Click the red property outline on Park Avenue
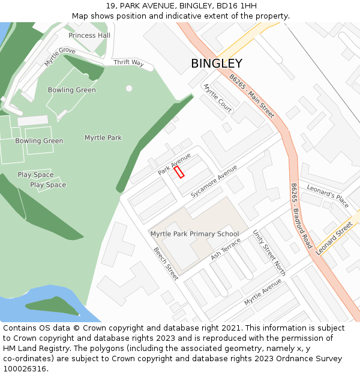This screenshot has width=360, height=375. tap(179, 172)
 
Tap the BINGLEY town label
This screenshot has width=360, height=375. tap(217, 64)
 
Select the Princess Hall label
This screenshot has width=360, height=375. tap(89, 35)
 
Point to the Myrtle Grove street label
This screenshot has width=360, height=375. tap(60, 56)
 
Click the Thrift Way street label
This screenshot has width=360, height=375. tap(129, 62)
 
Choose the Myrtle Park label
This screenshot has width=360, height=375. tap(103, 138)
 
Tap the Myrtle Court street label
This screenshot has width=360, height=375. tap(218, 98)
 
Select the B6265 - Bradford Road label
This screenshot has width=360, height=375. tap(301, 216)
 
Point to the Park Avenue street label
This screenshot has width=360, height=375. tap(175, 163)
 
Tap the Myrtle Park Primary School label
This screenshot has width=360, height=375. tap(194, 234)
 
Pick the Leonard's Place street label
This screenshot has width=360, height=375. tap(328, 196)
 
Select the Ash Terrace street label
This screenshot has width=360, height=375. tap(225, 249)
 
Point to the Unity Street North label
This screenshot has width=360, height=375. tap(269, 253)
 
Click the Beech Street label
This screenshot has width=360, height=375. tap(166, 263)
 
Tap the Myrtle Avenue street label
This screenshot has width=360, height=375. tap(263, 292)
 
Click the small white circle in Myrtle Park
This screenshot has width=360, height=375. tap(129, 88)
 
